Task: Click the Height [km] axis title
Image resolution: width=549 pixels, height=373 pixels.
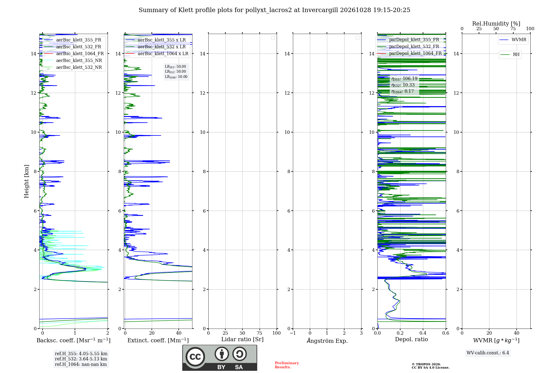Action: click(x=26, y=181)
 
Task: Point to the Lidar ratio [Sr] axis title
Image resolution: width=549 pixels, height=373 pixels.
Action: click(x=242, y=340)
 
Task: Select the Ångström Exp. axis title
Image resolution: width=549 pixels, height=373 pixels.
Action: click(x=327, y=341)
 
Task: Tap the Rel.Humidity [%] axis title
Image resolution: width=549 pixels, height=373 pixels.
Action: click(x=496, y=24)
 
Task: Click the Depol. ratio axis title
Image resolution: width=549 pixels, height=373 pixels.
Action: click(x=411, y=339)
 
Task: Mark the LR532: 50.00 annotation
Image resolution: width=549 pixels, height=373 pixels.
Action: click(x=175, y=72)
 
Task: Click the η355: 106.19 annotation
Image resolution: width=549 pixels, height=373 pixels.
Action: click(x=404, y=79)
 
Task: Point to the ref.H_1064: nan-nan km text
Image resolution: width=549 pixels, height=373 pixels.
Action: click(x=81, y=364)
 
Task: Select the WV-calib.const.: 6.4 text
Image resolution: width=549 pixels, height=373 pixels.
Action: click(x=488, y=353)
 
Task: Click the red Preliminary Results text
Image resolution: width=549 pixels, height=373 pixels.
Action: click(x=287, y=365)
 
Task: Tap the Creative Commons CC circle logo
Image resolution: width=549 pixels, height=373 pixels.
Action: click(x=195, y=357)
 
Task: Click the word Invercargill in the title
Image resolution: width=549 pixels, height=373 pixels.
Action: click(x=320, y=10)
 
